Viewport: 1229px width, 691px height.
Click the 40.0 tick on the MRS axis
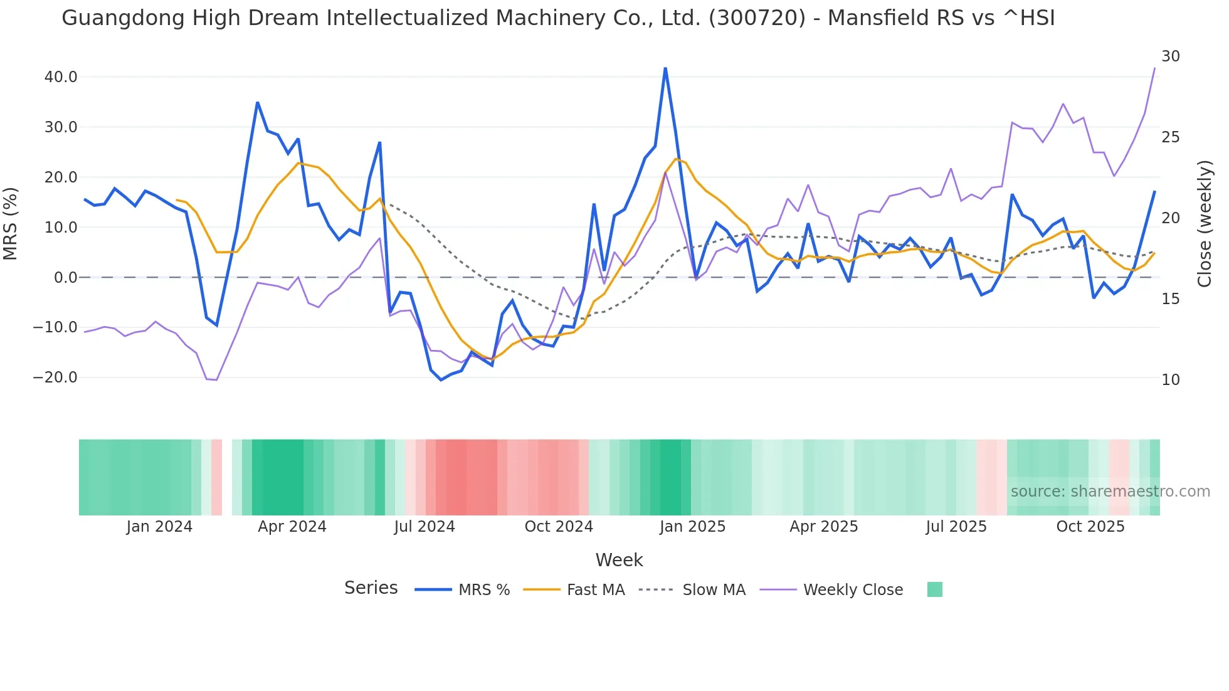pyautogui.click(x=60, y=77)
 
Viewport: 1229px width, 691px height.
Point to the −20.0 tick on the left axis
pyautogui.click(x=55, y=377)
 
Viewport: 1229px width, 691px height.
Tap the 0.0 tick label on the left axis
pyautogui.click(x=65, y=277)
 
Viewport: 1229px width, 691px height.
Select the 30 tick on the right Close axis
pyautogui.click(x=1170, y=56)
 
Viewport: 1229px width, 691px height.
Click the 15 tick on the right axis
pyautogui.click(x=1170, y=299)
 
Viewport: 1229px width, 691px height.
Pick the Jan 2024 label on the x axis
pyautogui.click(x=159, y=527)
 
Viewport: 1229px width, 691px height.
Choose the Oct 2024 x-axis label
pyautogui.click(x=559, y=527)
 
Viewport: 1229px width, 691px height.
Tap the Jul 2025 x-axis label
pyautogui.click(x=956, y=527)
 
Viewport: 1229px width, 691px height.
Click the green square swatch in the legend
pyautogui.click(x=934, y=589)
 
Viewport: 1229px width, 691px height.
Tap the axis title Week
pyautogui.click(x=619, y=560)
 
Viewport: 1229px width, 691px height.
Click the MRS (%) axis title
pyautogui.click(x=11, y=223)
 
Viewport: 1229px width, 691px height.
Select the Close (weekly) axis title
pyautogui.click(x=1204, y=223)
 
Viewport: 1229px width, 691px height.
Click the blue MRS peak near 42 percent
pyautogui.click(x=665, y=68)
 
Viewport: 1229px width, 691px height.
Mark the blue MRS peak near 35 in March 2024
pyautogui.click(x=258, y=102)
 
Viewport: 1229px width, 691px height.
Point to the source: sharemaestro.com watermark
pyautogui.click(x=1110, y=492)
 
